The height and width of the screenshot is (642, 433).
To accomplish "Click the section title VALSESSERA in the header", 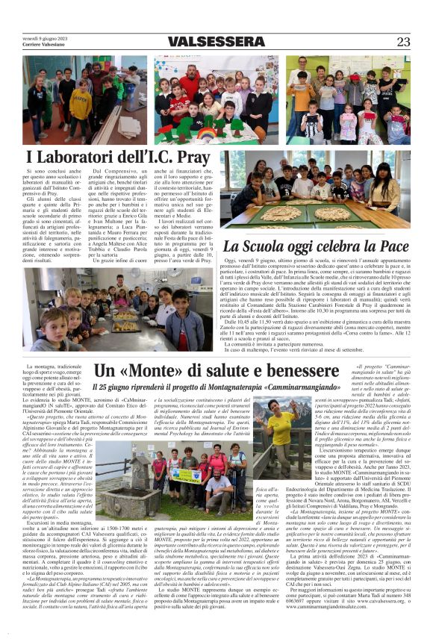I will point(216,43).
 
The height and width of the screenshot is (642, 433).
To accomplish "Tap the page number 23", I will point(403,43).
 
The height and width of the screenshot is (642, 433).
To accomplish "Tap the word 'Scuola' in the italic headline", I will point(267,246).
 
